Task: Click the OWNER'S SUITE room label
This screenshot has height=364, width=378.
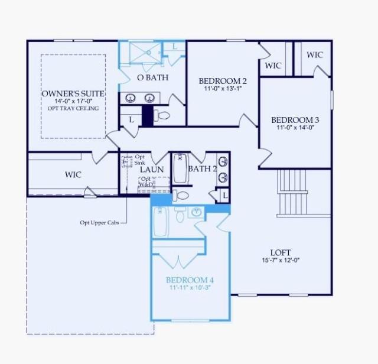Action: click(x=73, y=94)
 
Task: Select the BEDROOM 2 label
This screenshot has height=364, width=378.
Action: click(x=223, y=81)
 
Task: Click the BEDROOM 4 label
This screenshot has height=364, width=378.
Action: click(x=190, y=279)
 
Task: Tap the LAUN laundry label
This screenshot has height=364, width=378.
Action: click(x=151, y=170)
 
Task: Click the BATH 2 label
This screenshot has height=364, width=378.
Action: click(x=203, y=169)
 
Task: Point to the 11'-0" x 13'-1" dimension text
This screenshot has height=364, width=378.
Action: click(x=223, y=89)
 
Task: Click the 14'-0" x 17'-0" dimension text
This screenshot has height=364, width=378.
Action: click(x=73, y=102)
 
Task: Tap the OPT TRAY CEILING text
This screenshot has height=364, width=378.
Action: click(x=73, y=109)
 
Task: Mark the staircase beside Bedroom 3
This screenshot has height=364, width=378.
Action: click(x=292, y=192)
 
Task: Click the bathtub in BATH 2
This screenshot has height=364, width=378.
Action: click(x=180, y=168)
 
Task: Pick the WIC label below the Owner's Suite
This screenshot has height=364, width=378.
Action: click(x=73, y=175)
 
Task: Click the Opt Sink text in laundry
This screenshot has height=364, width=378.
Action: click(x=139, y=160)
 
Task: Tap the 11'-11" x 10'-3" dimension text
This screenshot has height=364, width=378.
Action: click(x=190, y=288)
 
